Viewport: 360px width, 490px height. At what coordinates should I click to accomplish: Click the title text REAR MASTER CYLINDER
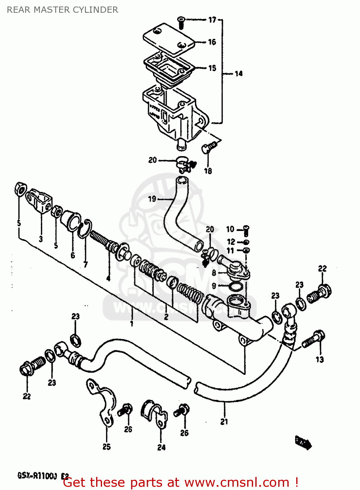click(x=62, y=10)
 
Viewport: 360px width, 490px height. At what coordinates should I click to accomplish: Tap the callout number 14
click(x=239, y=73)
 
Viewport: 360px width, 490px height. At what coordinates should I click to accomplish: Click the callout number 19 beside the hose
click(x=152, y=199)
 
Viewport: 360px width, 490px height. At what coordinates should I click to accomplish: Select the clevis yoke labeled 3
click(x=39, y=201)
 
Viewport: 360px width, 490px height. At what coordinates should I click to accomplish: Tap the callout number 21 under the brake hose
click(x=224, y=422)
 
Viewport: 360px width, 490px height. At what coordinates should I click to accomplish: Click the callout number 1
click(x=132, y=323)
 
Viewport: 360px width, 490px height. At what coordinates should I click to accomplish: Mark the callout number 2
click(x=166, y=317)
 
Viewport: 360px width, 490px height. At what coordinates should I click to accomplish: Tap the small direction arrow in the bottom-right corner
click(x=303, y=442)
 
